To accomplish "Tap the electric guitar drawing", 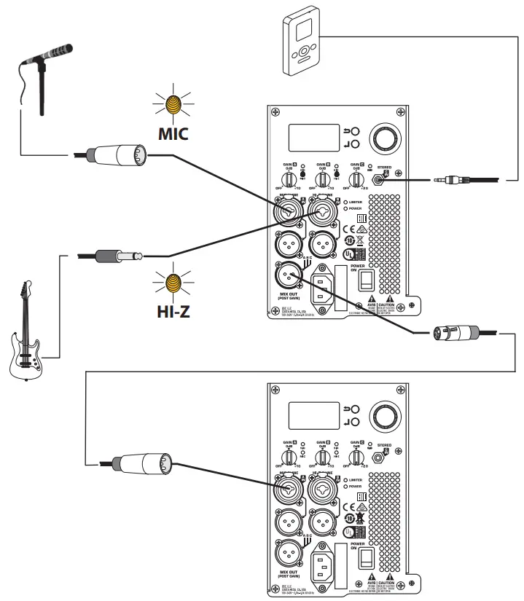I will point(27,335).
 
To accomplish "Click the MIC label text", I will point(173,135).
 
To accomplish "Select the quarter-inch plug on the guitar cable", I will point(117,255).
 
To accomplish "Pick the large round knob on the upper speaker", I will point(384,138).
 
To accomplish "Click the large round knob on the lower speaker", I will point(384,417).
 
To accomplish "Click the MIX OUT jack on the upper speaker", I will point(287,275).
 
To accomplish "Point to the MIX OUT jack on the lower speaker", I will point(287,553).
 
